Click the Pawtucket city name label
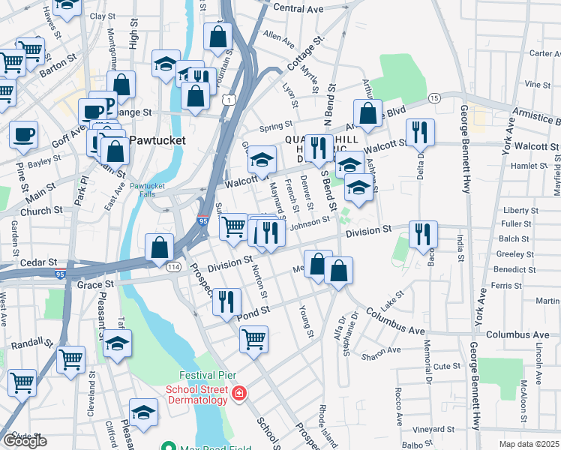point(153,139)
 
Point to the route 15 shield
point(433,98)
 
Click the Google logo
point(24,441)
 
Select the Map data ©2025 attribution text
point(528,444)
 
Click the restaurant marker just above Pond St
point(226,301)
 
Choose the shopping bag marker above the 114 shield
point(160,246)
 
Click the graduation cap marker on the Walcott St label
point(262,158)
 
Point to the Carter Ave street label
point(545,53)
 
